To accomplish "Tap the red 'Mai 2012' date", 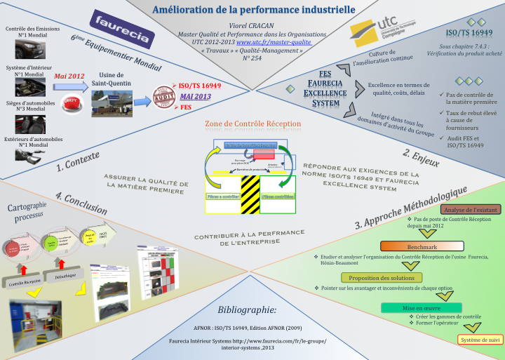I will [69, 76].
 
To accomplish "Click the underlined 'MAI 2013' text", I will [195, 96].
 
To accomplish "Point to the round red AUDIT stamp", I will [166, 95].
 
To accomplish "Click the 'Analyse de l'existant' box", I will [471, 209].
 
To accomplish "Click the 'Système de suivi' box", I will [480, 340].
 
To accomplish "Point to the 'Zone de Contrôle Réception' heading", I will [252, 124].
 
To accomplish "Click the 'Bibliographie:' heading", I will [247, 309].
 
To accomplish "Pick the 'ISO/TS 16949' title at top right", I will [469, 33].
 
